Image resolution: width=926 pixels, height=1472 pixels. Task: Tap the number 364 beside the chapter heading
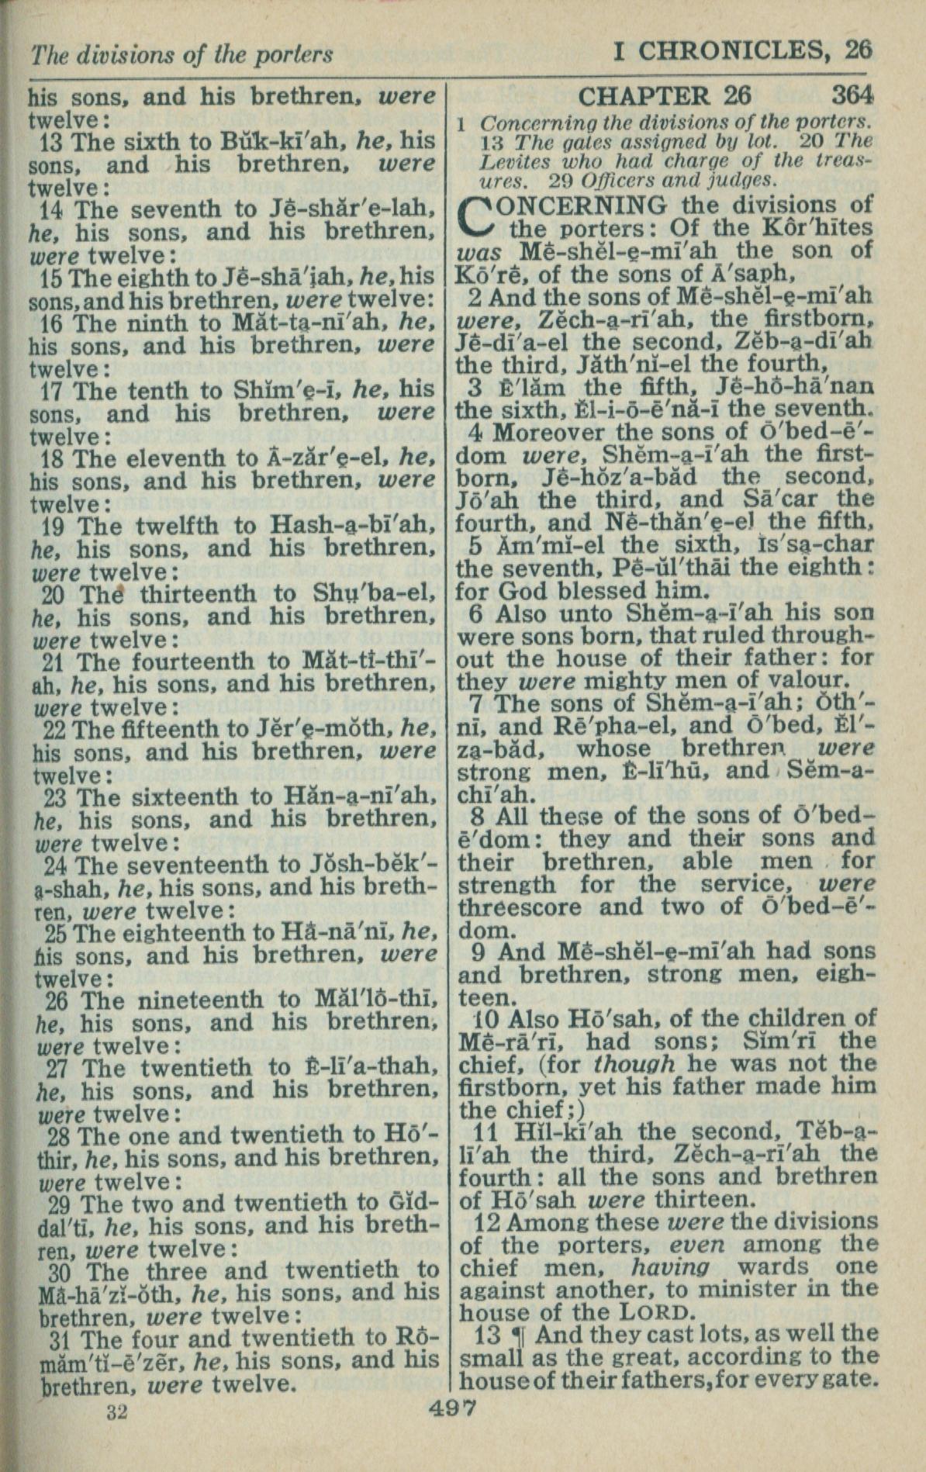[x=852, y=95]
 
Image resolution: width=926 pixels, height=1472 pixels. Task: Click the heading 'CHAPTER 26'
[x=665, y=95]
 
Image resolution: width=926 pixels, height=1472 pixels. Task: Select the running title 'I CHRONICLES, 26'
[x=742, y=51]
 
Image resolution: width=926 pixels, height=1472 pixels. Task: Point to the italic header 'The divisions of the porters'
[x=182, y=54]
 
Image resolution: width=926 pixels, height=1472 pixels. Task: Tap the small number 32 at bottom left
[x=117, y=1412]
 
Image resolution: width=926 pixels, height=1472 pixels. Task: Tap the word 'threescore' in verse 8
[x=518, y=907]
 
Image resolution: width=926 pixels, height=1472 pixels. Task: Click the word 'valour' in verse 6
[x=807, y=681]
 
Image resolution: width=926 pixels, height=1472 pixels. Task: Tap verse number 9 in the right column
[x=483, y=952]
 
